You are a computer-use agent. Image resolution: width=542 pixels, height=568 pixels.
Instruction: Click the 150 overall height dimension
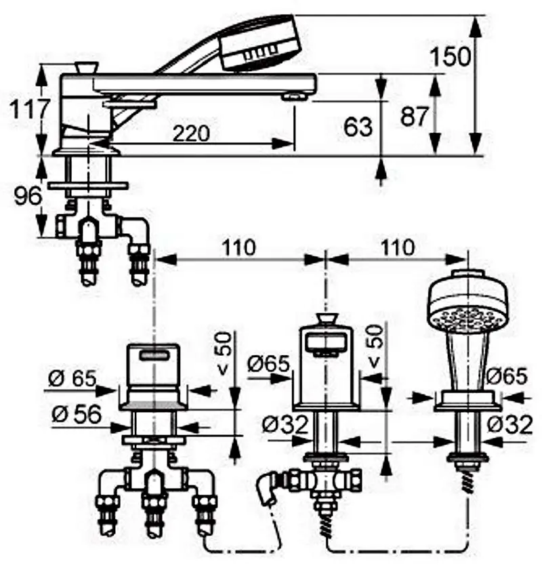pos(452,57)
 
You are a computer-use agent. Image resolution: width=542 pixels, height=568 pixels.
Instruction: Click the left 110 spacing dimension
pos(236,248)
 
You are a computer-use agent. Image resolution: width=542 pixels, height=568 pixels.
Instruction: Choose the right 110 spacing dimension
pos(397,248)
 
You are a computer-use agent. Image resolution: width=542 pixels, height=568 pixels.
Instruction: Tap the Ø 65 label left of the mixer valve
pos(73,378)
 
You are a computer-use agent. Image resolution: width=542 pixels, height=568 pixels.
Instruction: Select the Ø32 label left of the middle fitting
pos(285,425)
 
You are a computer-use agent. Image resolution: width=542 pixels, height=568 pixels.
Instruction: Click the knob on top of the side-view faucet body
pos(86,68)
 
